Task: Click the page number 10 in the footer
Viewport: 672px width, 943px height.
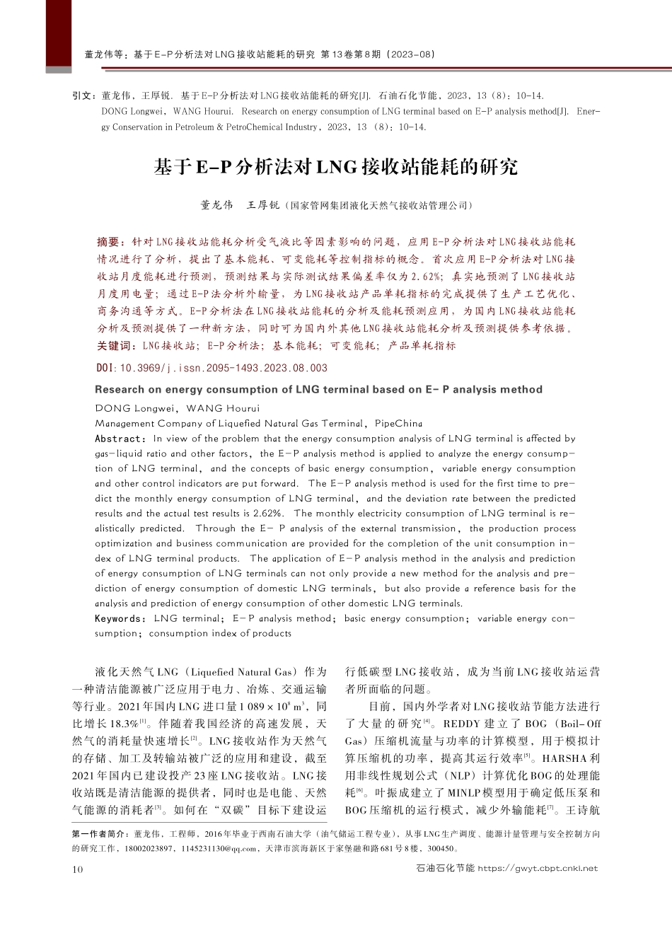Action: click(x=77, y=869)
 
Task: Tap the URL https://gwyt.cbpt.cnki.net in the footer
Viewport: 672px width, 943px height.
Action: click(x=538, y=868)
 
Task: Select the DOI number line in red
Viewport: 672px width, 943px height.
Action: click(x=212, y=368)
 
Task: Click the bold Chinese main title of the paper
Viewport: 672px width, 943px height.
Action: click(x=336, y=167)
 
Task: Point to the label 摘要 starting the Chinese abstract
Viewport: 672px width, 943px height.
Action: click(x=110, y=242)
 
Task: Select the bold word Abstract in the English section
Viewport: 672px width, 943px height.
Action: click(x=119, y=439)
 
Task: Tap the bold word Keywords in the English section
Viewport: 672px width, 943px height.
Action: click(x=120, y=618)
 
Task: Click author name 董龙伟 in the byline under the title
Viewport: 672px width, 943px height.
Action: click(x=216, y=206)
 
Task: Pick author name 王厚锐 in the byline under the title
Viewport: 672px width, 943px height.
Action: click(x=262, y=206)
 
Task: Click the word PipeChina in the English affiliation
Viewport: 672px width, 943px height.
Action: click(x=398, y=424)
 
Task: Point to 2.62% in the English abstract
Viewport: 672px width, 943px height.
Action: click(x=268, y=514)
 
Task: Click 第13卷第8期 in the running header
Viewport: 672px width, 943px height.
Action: click(x=351, y=54)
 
